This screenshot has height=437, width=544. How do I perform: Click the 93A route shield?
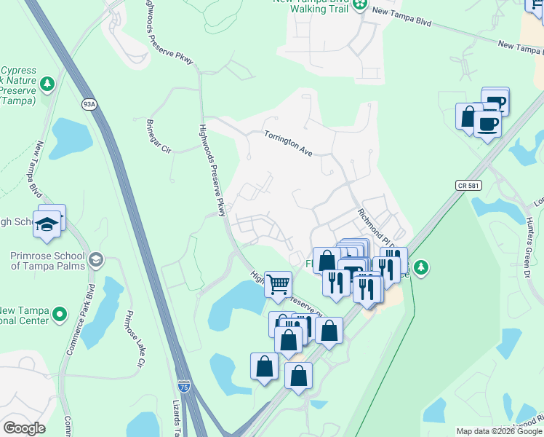(x=89, y=104)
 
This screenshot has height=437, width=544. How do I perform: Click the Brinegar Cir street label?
(x=159, y=136)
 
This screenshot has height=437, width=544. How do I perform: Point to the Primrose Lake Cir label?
(x=134, y=339)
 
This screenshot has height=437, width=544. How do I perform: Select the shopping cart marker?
(x=278, y=283)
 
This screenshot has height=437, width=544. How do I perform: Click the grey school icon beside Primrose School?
(x=95, y=260)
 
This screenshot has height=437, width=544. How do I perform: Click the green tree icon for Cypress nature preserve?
(x=48, y=84)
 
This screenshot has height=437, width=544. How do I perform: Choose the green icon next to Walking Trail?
(x=360, y=6)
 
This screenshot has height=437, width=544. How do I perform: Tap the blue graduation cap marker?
(x=47, y=223)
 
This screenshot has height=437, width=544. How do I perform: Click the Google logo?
(x=25, y=428)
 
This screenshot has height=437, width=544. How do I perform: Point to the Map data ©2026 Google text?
(x=499, y=431)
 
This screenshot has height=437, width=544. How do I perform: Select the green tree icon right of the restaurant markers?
(x=420, y=269)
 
